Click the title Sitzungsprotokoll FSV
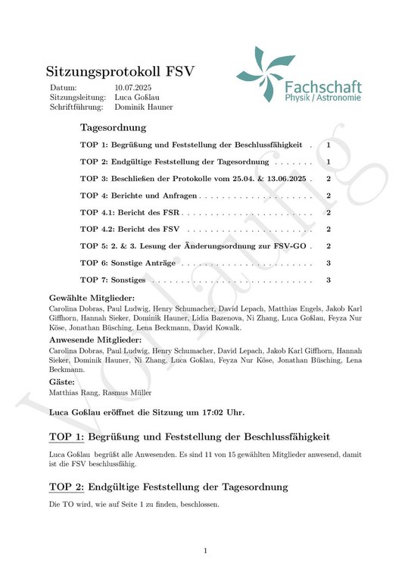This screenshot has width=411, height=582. (120, 72)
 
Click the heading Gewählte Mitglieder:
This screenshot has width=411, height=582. (92, 299)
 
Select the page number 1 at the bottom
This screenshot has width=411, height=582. (205, 550)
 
